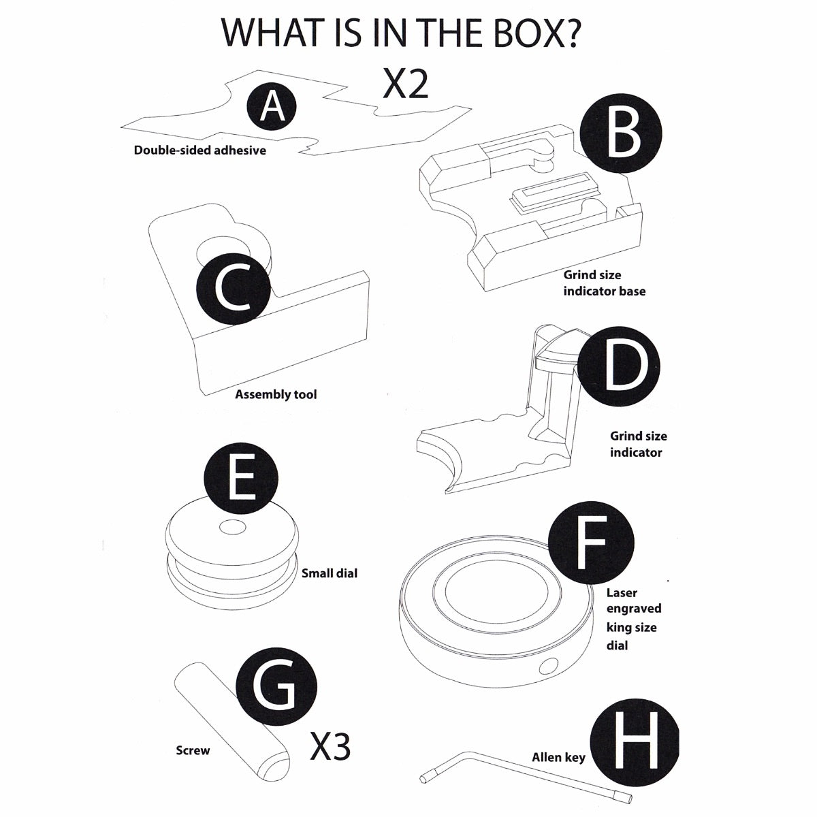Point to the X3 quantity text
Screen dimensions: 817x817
point(330,747)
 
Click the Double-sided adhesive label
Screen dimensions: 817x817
point(199,150)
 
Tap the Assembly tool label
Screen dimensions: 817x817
point(276,394)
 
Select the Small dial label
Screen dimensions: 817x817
point(330,573)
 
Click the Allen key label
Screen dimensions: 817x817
point(558,757)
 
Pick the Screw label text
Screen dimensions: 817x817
point(193,750)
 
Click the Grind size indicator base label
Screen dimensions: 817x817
point(604,283)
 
